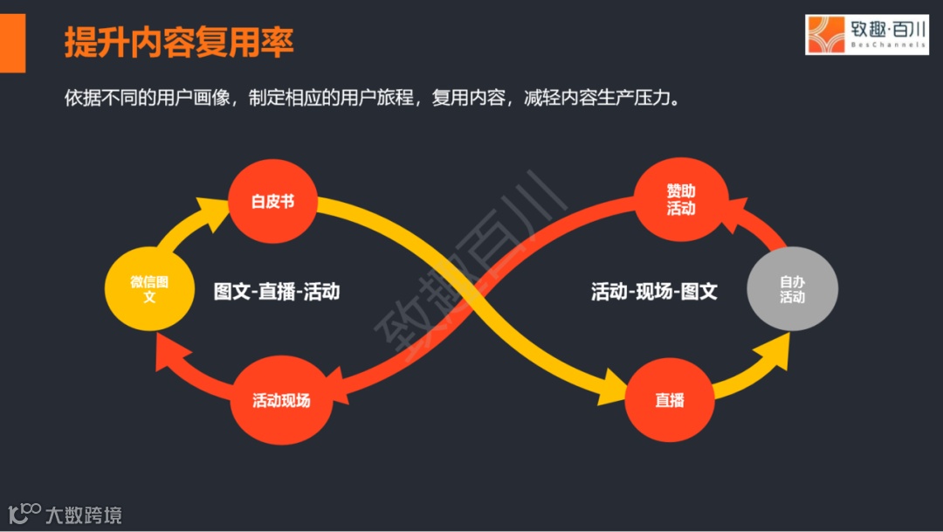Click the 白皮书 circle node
click(272, 202)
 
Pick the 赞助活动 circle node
click(681, 200)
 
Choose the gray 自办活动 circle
click(792, 290)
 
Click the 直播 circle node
click(670, 401)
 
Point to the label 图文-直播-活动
click(277, 291)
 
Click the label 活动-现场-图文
click(654, 291)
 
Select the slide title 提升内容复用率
click(179, 41)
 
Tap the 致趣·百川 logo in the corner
click(866, 35)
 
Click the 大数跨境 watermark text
click(84, 515)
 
